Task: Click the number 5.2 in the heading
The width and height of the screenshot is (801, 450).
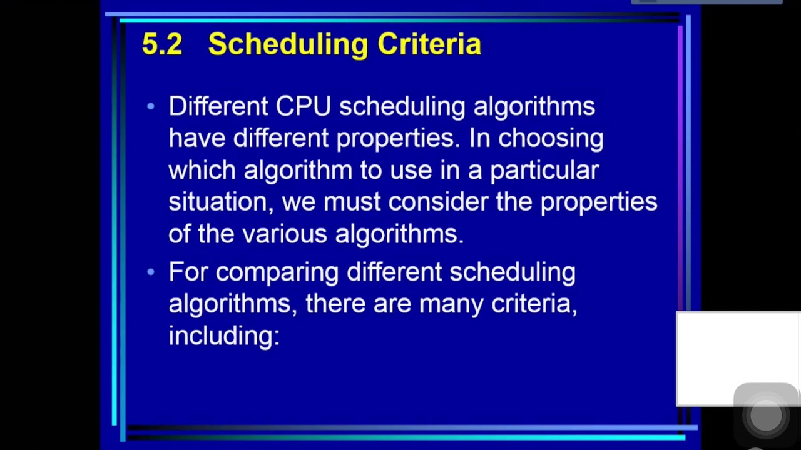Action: coord(162,44)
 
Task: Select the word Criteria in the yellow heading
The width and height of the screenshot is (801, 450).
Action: coord(429,44)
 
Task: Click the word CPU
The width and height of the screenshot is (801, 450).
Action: coord(303,106)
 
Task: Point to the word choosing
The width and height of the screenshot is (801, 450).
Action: coord(551,138)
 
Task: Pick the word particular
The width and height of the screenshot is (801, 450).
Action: coord(544,170)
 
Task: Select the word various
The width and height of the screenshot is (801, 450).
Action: coord(284,234)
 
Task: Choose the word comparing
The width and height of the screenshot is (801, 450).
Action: coord(277,272)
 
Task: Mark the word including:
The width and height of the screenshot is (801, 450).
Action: coord(223,336)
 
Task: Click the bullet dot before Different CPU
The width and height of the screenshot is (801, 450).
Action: coord(150,107)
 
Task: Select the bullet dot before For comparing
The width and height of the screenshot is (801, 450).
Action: coord(150,272)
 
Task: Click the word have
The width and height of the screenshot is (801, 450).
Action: coord(196,138)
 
